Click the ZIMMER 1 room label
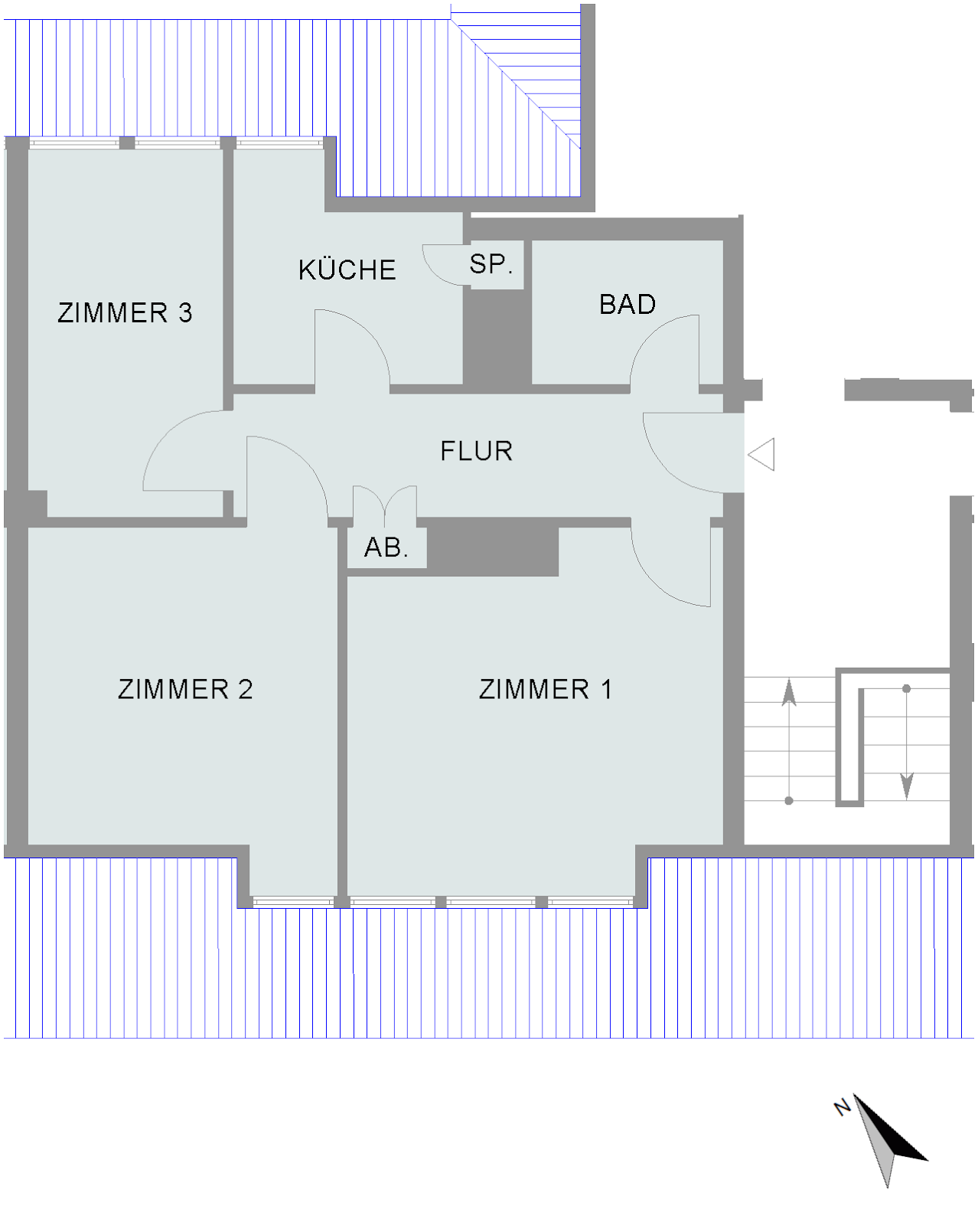pos(545,689)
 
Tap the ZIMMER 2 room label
pos(185,689)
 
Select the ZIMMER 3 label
pos(126,312)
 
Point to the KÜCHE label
pos(347,269)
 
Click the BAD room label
pos(628,305)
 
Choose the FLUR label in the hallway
pos(477,451)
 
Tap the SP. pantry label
pos(491,264)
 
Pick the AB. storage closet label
pos(386,547)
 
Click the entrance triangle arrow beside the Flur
pos(761,454)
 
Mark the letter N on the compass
pos(843,1107)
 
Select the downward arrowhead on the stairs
pos(907,786)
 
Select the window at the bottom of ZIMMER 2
pos(293,902)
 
